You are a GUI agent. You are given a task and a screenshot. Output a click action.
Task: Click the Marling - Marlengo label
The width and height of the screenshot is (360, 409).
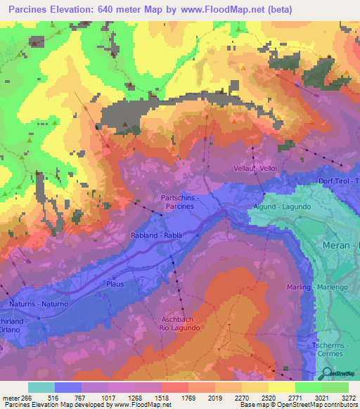pos(323,287)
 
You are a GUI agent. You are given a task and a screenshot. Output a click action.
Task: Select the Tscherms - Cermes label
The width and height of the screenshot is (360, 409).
pos(330,349)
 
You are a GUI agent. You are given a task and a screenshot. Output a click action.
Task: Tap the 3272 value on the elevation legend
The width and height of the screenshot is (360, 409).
pos(348,398)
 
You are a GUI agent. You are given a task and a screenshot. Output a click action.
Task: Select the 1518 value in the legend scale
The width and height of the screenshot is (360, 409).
pos(162,398)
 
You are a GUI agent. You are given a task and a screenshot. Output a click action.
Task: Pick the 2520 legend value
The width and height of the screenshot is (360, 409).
pos(269,398)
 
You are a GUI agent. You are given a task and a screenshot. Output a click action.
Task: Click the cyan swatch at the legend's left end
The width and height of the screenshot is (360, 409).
pos(41,387)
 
